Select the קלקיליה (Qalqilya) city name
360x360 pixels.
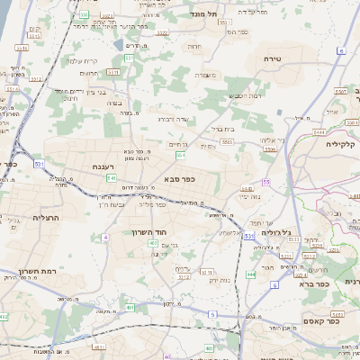[x=341, y=144]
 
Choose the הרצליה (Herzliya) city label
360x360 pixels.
[x=45, y=219]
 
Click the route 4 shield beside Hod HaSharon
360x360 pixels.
[x=104, y=237]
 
